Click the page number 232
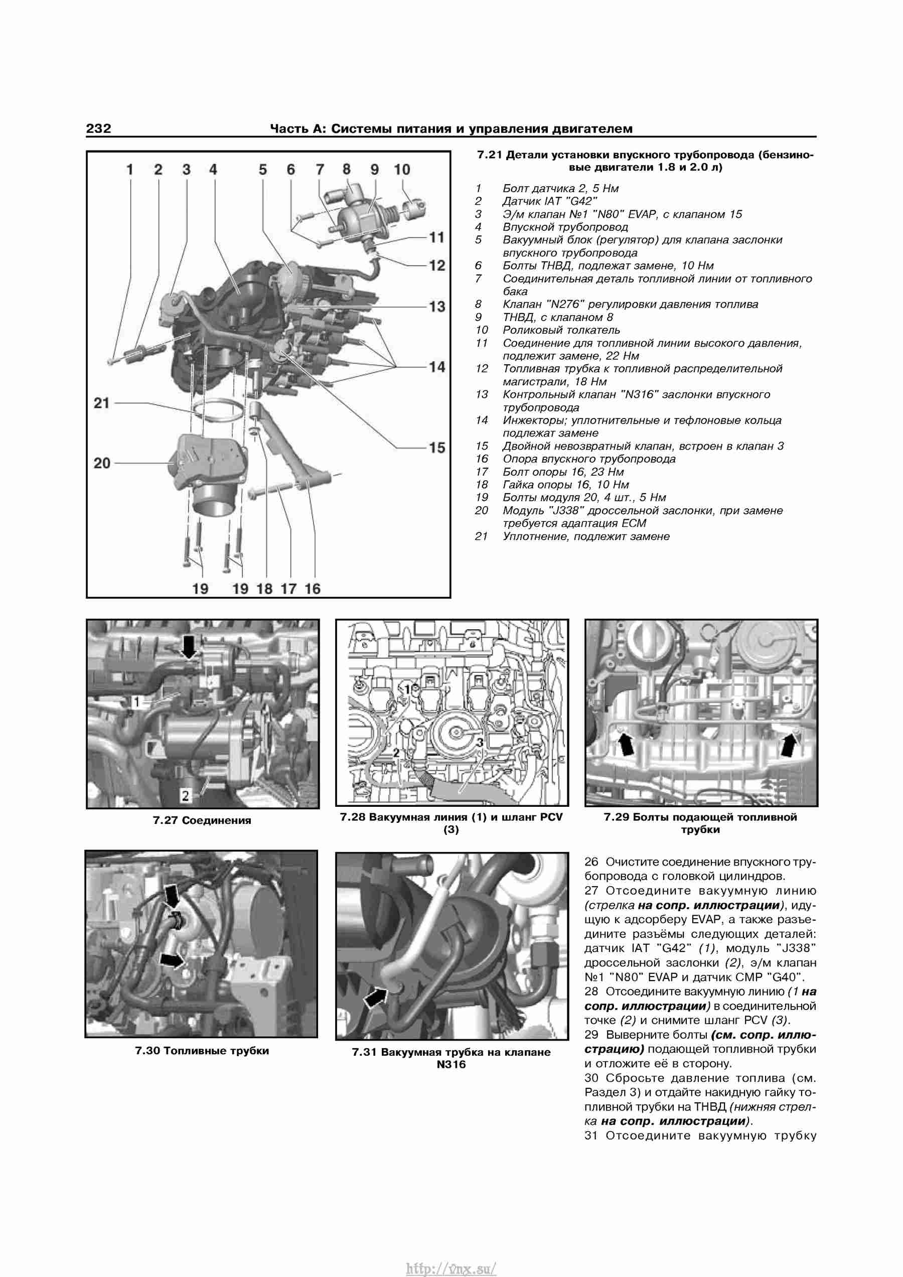click(x=98, y=128)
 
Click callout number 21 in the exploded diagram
click(x=102, y=403)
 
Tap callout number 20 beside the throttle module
click(x=102, y=463)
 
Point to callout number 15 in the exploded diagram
click(x=437, y=447)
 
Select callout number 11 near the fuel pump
click(x=437, y=237)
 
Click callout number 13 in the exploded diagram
click(x=437, y=307)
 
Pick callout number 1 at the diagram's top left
click(x=129, y=170)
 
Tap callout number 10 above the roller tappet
click(x=401, y=170)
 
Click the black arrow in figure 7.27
click(x=189, y=647)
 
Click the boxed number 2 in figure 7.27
click(x=185, y=796)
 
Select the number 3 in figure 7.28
click(x=479, y=743)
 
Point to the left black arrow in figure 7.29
click(x=626, y=744)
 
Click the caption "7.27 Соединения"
click(x=202, y=820)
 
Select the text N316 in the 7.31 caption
click(x=452, y=1065)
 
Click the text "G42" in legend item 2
click(x=581, y=201)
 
